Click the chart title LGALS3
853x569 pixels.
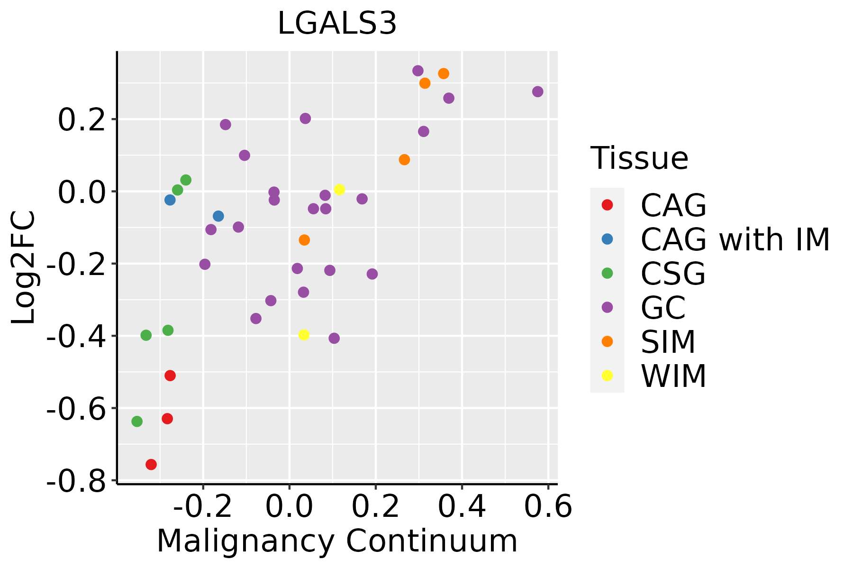pos(337,24)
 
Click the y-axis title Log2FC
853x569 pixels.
pos(24,267)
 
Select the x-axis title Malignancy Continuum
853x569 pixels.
pos(337,541)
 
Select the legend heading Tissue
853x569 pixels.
pos(639,158)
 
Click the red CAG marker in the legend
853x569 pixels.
pos(607,205)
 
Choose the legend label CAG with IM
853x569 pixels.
pos(735,239)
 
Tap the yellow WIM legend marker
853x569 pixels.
pos(607,376)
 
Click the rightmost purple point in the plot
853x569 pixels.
pos(537,92)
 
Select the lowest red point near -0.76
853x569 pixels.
pos(151,464)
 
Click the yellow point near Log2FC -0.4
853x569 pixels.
pos(304,335)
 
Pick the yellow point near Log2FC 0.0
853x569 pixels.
pos(339,190)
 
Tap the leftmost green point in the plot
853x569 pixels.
pos(137,421)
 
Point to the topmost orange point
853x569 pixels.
pos(444,73)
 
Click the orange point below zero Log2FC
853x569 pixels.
pos(304,240)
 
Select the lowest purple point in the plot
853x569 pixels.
pos(334,338)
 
